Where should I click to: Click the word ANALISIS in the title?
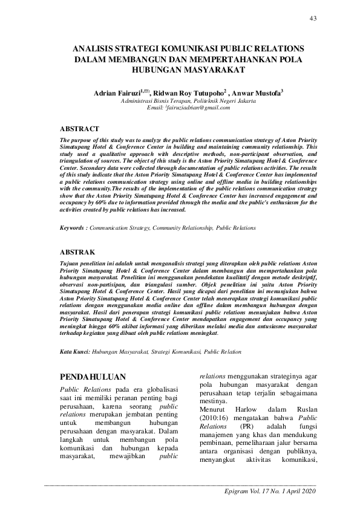click(94, 48)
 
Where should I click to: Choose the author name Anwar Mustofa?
click(259, 94)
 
